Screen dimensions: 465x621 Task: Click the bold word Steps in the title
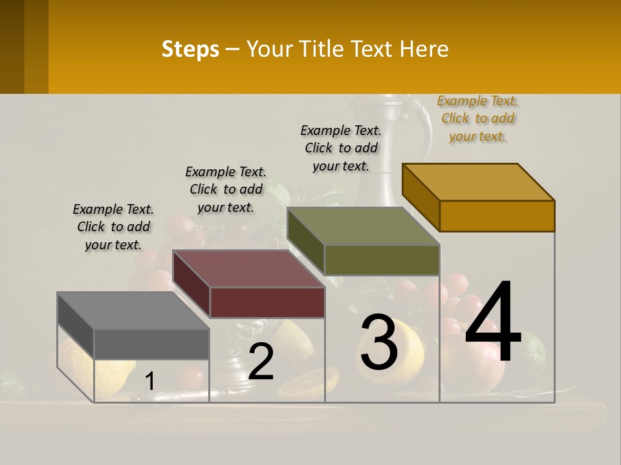pyautogui.click(x=190, y=49)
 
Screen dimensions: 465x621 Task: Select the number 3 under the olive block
pyautogui.click(x=379, y=342)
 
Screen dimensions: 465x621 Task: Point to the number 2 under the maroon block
pyautogui.click(x=261, y=362)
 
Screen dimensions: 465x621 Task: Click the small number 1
pyautogui.click(x=149, y=381)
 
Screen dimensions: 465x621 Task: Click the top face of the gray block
pyautogui.click(x=133, y=311)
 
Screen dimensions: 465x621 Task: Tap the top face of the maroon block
pyautogui.click(x=248, y=269)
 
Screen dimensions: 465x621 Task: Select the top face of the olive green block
pyautogui.click(x=364, y=226)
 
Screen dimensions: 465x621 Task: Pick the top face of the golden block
pyautogui.click(x=479, y=182)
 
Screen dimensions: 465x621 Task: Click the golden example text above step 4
pyautogui.click(x=477, y=118)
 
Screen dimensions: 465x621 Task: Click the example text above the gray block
pyautogui.click(x=113, y=227)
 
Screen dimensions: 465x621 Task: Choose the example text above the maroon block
pyautogui.click(x=226, y=189)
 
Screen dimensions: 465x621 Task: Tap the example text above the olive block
pyautogui.click(x=341, y=148)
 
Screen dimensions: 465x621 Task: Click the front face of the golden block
pyautogui.click(x=497, y=216)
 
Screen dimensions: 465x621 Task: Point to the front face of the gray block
pyautogui.click(x=151, y=344)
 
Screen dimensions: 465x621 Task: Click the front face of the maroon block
pyautogui.click(x=267, y=302)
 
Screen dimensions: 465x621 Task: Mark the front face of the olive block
pyautogui.click(x=382, y=260)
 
